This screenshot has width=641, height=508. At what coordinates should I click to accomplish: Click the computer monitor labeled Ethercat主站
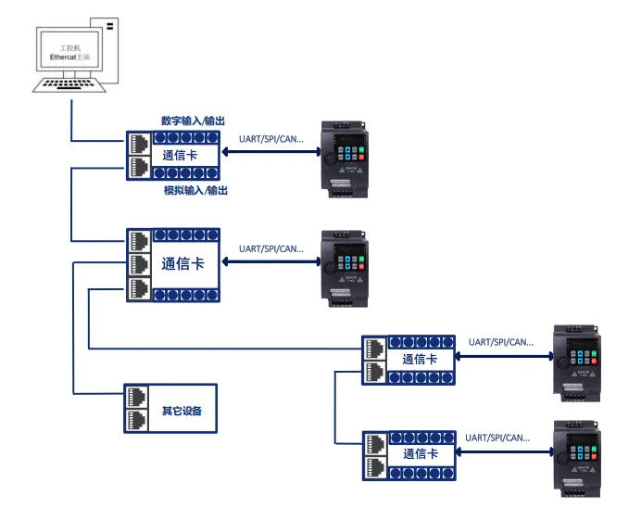(71, 52)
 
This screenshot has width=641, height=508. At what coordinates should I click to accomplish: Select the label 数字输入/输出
(194, 121)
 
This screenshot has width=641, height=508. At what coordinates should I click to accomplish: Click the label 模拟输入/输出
(195, 191)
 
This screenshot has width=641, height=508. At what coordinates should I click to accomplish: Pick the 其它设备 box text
(182, 410)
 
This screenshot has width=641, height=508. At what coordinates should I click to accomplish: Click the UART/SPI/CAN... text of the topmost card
(270, 140)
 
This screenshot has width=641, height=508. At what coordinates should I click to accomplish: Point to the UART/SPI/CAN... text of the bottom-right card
(500, 437)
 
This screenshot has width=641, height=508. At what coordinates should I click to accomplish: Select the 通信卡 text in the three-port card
(182, 263)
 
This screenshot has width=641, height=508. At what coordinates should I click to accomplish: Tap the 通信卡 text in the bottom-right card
(420, 454)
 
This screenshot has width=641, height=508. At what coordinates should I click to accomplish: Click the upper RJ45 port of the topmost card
(139, 145)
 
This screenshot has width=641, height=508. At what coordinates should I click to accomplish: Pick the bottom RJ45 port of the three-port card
(139, 286)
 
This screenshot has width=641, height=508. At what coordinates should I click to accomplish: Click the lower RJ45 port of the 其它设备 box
(136, 421)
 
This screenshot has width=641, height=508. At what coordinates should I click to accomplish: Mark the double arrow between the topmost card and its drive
(268, 155)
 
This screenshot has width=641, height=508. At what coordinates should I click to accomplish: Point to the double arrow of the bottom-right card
(501, 451)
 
